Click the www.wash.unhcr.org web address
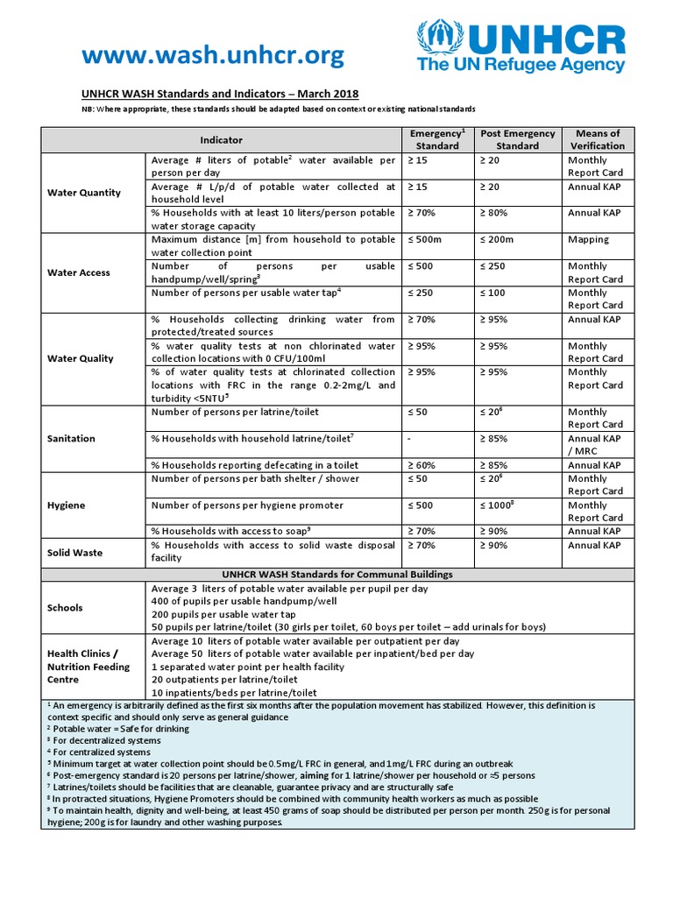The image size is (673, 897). point(213,56)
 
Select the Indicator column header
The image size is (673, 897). point(221,140)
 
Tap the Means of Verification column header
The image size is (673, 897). point(597,139)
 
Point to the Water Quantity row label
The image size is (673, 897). point(84,193)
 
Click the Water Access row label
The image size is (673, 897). point(78,272)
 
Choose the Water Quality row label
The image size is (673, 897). point(80,358)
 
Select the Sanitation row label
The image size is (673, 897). point(71,438)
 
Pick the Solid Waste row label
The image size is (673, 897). point(76,552)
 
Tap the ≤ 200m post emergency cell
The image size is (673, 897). point(495,239)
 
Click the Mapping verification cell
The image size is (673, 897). point(588,239)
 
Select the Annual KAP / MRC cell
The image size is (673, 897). point(594,445)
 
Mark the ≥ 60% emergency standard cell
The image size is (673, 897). point(422,465)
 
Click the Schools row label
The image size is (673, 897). point(66,608)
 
